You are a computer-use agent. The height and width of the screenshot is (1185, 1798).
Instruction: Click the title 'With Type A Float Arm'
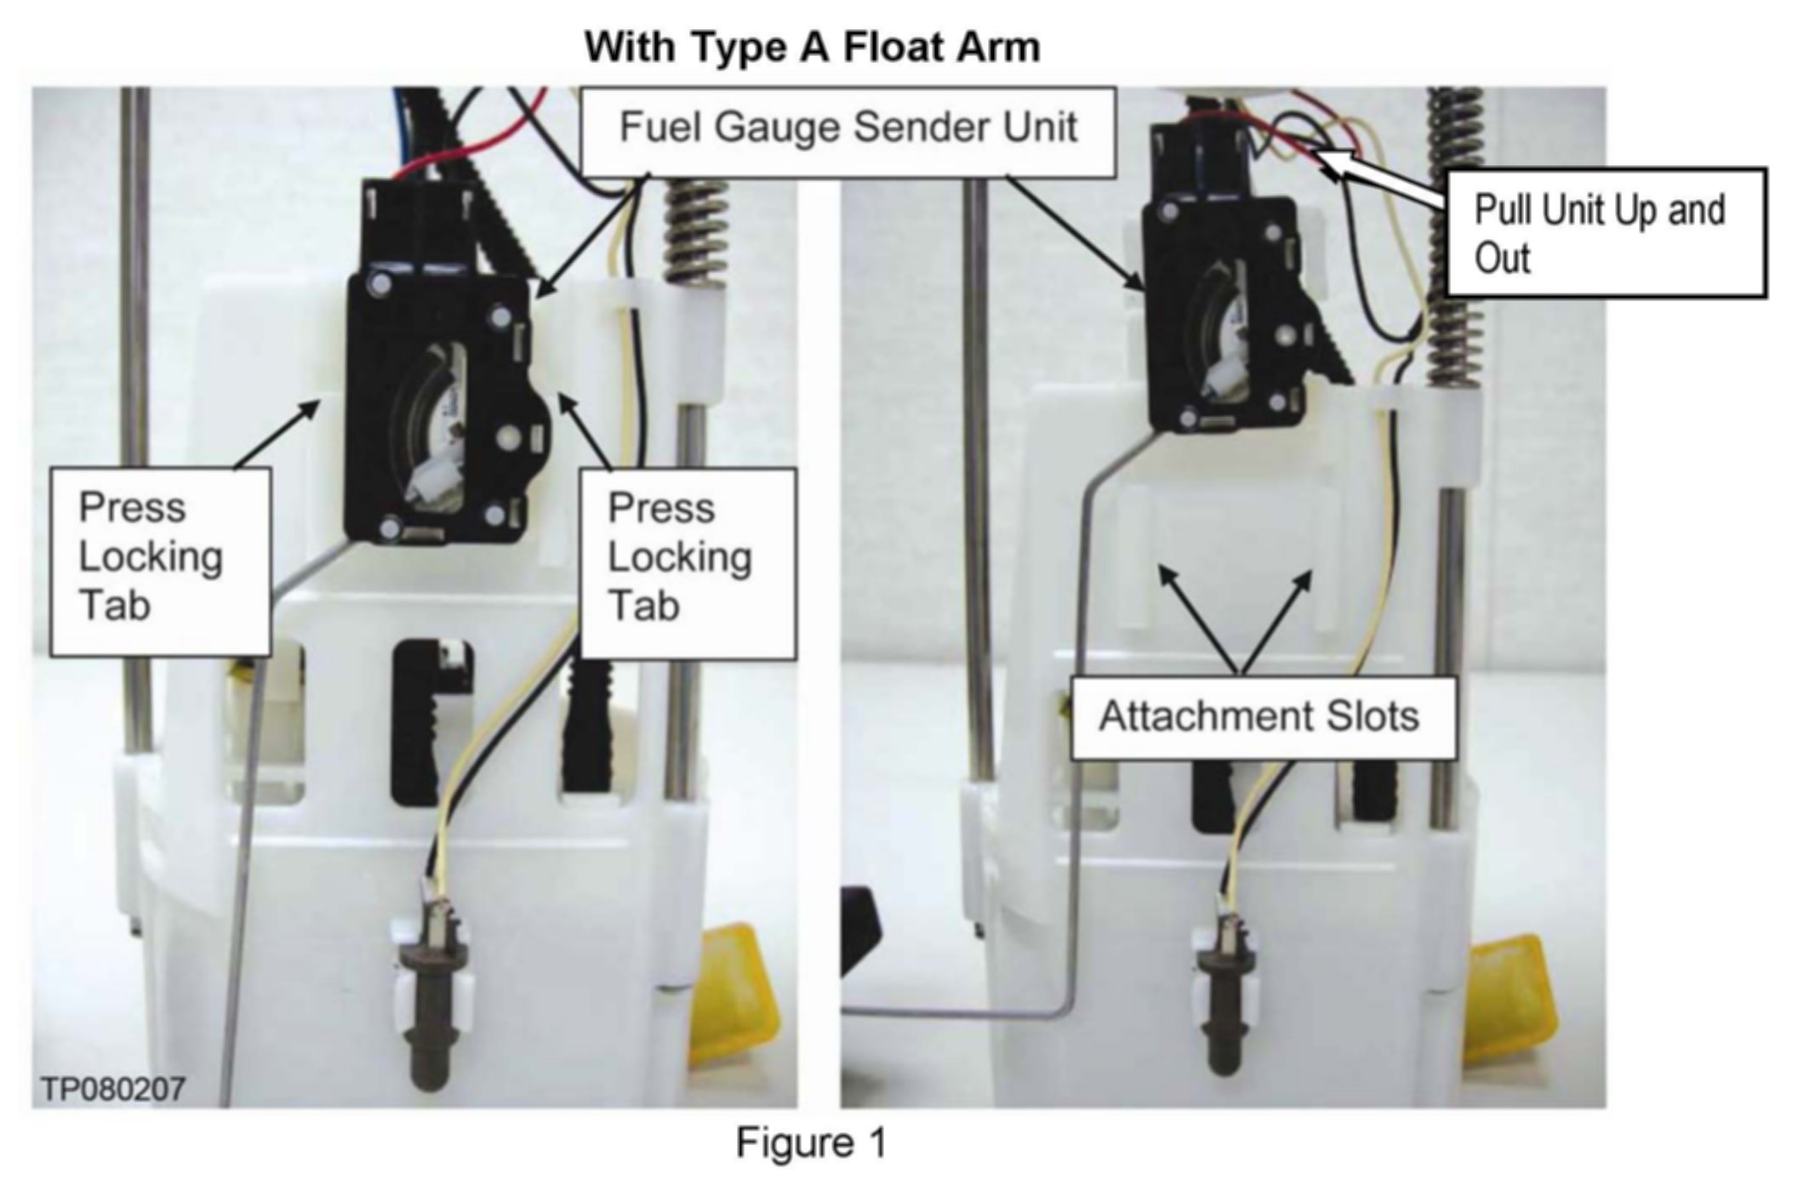(812, 47)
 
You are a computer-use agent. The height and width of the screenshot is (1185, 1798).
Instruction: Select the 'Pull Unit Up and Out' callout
(1605, 233)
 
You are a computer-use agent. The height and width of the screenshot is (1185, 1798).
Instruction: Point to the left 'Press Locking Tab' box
(161, 561)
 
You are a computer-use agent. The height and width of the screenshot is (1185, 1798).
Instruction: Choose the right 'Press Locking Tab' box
(688, 561)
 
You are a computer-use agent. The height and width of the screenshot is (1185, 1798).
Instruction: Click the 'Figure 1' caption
(811, 1142)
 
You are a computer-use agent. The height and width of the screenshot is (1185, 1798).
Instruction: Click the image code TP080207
(113, 1088)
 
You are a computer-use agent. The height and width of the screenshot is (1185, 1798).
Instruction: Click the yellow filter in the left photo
(733, 995)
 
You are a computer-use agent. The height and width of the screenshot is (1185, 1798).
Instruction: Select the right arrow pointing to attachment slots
(1277, 618)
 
